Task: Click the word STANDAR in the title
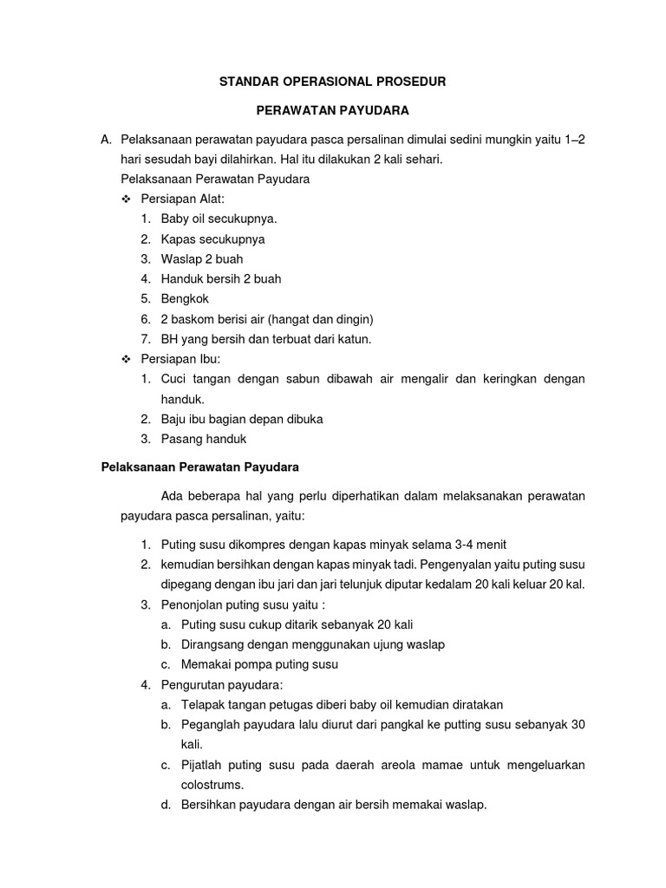[x=246, y=82]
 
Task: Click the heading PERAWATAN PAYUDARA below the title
[x=331, y=111]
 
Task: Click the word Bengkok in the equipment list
[x=185, y=299]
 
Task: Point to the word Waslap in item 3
[x=180, y=259]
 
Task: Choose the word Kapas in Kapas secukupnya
[x=179, y=238]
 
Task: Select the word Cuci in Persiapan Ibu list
[x=174, y=379]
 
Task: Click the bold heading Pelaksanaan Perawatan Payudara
[x=199, y=467]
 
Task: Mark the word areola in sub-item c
[x=410, y=765]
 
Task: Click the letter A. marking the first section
[x=108, y=140]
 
